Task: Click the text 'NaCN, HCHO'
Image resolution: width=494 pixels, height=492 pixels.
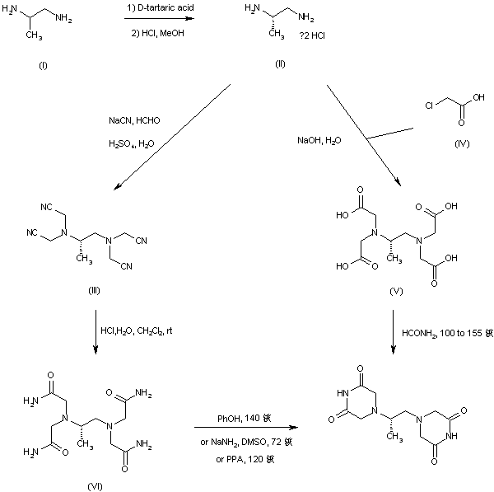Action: [135, 120]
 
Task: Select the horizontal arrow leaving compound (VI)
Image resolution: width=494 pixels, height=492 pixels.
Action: [245, 428]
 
